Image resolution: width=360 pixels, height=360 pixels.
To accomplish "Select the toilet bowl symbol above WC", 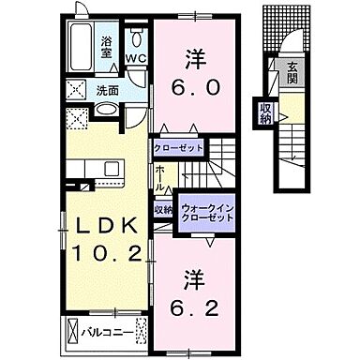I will click(138, 38).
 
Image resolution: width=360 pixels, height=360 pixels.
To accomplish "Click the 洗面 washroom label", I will click(106, 91).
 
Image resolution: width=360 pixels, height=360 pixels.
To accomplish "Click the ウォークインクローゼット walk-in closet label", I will click(206, 210).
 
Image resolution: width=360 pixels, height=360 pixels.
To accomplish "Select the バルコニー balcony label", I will click(99, 329).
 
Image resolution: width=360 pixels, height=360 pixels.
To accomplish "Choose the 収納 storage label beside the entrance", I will click(265, 113).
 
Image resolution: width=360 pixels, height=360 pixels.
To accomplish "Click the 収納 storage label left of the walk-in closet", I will click(161, 209).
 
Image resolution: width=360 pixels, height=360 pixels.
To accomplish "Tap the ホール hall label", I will click(161, 177).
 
